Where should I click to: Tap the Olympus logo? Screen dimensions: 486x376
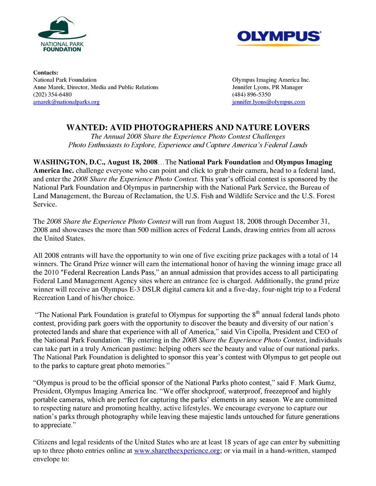click(x=279, y=37)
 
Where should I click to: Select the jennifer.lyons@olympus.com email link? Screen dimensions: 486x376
click(x=268, y=102)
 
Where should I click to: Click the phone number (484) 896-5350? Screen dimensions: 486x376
click(x=251, y=94)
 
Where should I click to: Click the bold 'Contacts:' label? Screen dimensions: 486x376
click(x=46, y=72)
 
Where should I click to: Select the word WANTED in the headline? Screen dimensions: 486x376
click(x=86, y=127)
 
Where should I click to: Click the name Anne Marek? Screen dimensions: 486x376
click(x=48, y=87)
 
